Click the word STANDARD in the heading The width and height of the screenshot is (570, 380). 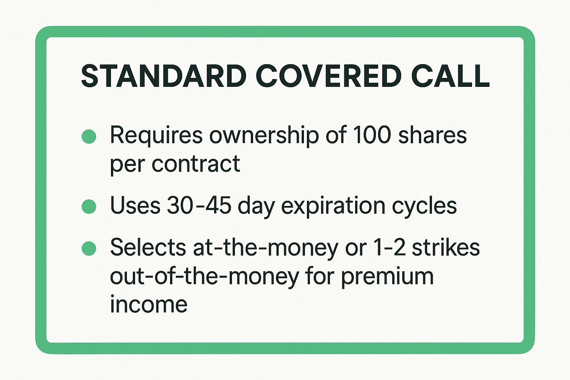coord(163,76)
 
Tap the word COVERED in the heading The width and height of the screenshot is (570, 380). coord(328,76)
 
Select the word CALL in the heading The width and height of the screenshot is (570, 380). coord(451,76)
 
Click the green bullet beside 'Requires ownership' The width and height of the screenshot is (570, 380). coord(89,137)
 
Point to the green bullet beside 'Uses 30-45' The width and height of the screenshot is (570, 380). coord(89,206)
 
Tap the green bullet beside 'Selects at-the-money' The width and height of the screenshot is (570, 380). coord(89,248)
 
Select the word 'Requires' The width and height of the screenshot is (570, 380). coord(156,136)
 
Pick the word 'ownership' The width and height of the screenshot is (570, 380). coord(264,136)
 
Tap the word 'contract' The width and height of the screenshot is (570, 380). coord(196,164)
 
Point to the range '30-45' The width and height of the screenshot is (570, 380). coord(199,205)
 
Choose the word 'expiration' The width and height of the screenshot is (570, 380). coord(333,206)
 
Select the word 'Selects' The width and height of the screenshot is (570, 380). coord(148,247)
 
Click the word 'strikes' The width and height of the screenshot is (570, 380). coord(446,247)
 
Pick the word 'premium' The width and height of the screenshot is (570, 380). coord(387,277)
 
